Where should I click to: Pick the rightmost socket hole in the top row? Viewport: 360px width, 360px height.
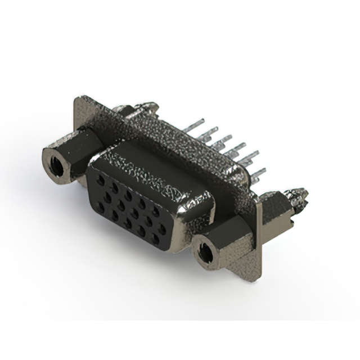coord(156,211)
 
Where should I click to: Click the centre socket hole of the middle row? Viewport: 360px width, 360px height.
coord(134,213)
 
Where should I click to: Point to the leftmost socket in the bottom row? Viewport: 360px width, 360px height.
coord(101,206)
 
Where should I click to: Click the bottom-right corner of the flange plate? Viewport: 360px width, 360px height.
coord(258,279)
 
